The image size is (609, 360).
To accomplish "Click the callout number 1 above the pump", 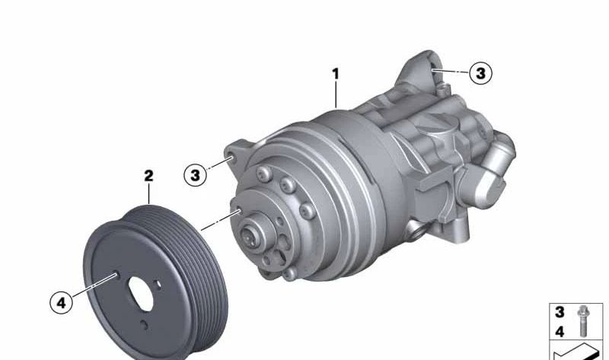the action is tap(336, 73).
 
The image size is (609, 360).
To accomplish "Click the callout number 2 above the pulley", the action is tap(148, 176).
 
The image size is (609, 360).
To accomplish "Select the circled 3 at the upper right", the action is tap(481, 73).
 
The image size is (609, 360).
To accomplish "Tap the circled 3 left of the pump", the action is tap(195, 175).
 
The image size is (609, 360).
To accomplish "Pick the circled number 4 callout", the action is tap(62, 301).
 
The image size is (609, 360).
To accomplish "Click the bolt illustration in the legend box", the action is tap(582, 320).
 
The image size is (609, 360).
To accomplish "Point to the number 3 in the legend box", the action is tap(560, 312).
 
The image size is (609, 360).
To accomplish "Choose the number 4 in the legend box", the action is tap(560, 332).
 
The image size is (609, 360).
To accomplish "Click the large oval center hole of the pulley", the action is tap(141, 294).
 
